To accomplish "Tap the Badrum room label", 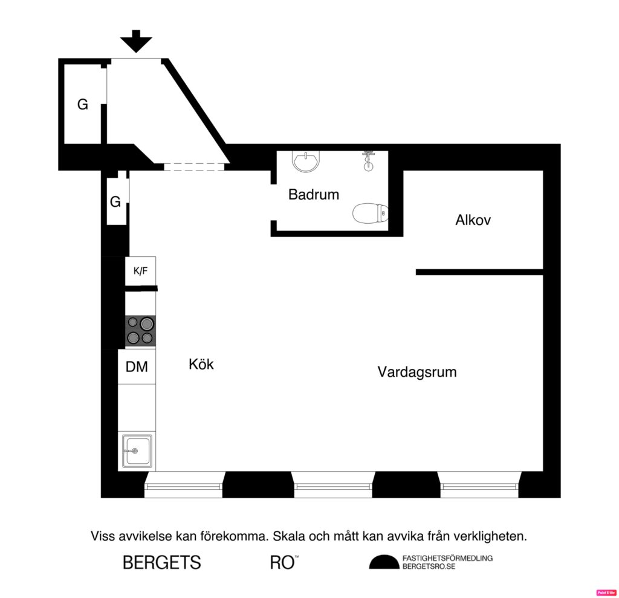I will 313,195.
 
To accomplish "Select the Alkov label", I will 473,220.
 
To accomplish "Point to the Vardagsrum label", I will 417,372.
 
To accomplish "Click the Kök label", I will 201,365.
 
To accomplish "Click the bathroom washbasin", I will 307,161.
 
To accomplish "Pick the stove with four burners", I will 140,331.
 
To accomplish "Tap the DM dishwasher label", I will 137,366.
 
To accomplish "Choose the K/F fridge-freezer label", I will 140,271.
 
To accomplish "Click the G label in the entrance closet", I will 82,105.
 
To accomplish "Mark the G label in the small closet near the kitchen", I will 115,202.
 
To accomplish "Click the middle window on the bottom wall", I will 333,485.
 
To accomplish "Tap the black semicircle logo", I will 384,562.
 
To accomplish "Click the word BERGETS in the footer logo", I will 161,562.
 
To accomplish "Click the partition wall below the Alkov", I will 479,272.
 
